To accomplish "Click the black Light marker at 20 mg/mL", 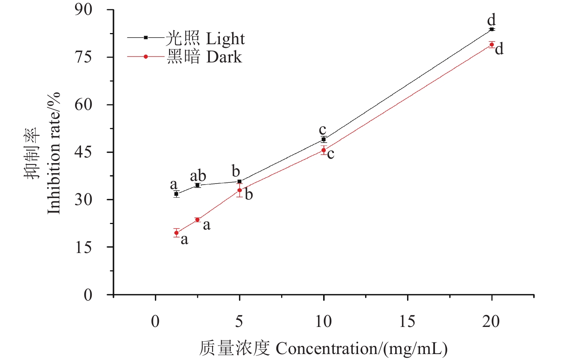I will (x=492, y=29).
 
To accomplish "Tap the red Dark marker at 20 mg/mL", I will (x=492, y=45).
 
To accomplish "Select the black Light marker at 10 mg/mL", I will (x=324, y=139).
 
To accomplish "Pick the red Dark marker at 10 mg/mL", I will (x=324, y=150).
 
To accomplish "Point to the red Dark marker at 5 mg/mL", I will (x=240, y=190).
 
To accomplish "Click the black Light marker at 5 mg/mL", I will (x=240, y=182).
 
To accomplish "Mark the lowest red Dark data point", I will (x=176, y=233).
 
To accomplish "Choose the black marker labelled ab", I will (x=197, y=185).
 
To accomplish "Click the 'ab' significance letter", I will (x=198, y=176).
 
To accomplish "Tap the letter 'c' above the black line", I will (x=322, y=130).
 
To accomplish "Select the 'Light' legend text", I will (x=225, y=39).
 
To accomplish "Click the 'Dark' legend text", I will (x=224, y=57).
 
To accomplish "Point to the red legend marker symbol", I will (x=146, y=57).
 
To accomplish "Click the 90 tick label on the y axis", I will (x=83, y=10).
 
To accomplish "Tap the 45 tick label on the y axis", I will (x=83, y=152).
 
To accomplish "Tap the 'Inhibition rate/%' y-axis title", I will (x=54, y=153).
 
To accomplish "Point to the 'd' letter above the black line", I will (x=491, y=20).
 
